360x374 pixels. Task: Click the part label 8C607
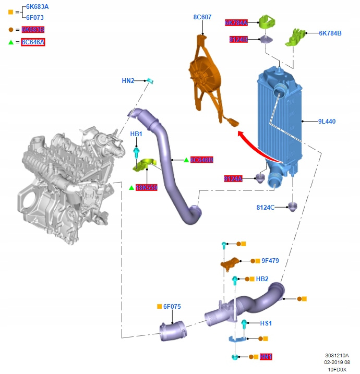click(x=202, y=17)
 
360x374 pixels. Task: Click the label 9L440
click(x=327, y=122)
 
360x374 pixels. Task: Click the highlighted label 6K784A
click(x=236, y=23)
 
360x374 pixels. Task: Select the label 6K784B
click(x=330, y=33)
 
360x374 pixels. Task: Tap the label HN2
click(x=128, y=81)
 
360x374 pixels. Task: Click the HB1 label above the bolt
click(x=136, y=134)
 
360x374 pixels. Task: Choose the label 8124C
click(x=265, y=208)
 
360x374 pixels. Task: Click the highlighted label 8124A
click(x=233, y=179)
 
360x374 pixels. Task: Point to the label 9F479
click(x=271, y=260)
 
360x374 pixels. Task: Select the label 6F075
click(x=172, y=307)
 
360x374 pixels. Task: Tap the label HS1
click(x=266, y=323)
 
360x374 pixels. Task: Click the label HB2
click(x=262, y=279)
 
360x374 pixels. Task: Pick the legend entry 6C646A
click(x=33, y=42)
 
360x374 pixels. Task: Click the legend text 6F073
click(x=35, y=17)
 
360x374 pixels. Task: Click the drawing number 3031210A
click(x=337, y=356)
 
